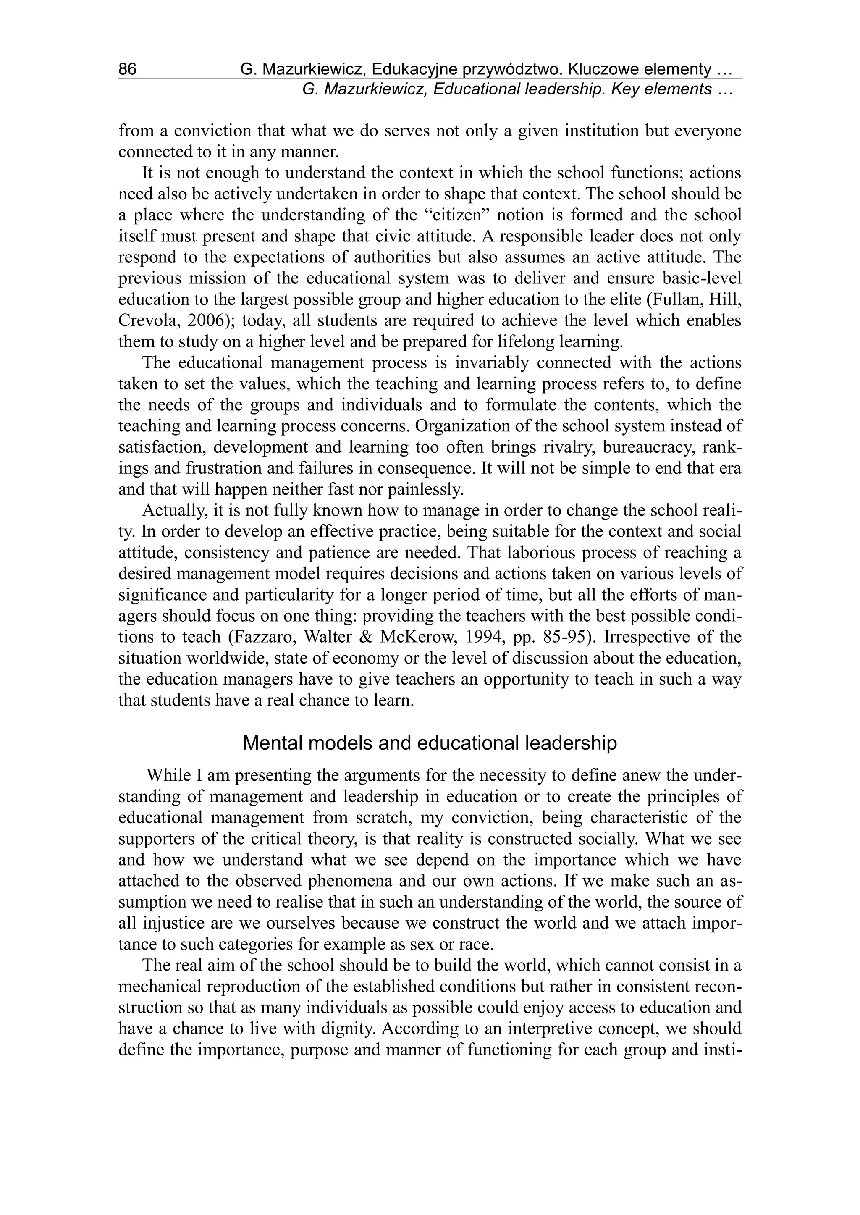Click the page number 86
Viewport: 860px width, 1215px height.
[127, 69]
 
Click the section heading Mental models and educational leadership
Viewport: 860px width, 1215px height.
[430, 744]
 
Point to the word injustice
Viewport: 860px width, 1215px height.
[174, 923]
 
